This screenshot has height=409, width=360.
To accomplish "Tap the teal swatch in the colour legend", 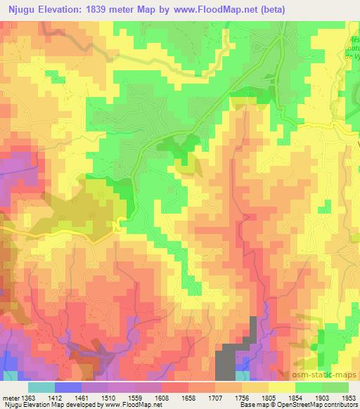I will click(41, 387).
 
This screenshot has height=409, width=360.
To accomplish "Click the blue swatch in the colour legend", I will click(68, 387).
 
